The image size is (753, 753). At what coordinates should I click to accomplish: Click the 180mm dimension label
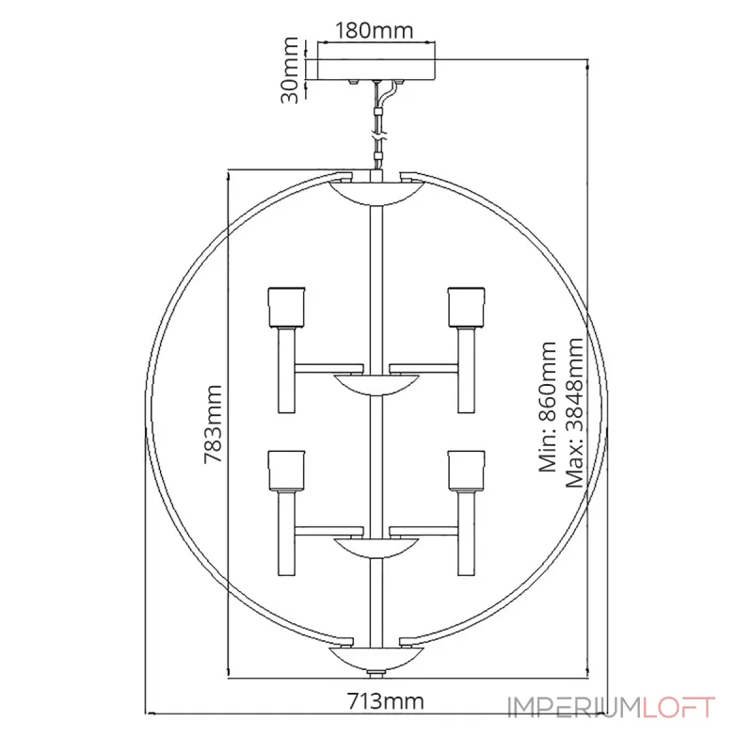click(374, 31)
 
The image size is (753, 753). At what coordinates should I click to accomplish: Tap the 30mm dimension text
click(290, 70)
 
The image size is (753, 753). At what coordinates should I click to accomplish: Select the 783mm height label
click(214, 425)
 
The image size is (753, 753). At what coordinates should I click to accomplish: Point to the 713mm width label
click(386, 701)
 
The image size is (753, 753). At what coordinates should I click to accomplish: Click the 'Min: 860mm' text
click(548, 407)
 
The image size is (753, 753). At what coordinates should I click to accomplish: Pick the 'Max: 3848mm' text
click(574, 412)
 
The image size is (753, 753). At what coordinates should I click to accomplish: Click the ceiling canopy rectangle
click(376, 69)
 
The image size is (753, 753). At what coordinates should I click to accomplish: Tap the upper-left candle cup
click(287, 308)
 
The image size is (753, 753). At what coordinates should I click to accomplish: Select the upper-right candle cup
click(466, 308)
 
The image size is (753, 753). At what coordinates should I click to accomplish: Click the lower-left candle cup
click(287, 471)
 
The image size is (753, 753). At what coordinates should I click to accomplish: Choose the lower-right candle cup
click(466, 471)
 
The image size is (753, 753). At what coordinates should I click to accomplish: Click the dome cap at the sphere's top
click(376, 193)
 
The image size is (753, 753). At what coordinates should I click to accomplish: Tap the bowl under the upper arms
click(376, 385)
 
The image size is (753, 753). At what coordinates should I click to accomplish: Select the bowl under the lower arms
click(376, 549)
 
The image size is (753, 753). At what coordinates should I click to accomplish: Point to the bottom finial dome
click(376, 658)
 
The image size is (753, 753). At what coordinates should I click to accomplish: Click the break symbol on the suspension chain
click(379, 136)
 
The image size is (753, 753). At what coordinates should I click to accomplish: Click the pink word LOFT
click(679, 708)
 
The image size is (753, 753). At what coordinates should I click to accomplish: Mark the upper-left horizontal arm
click(328, 369)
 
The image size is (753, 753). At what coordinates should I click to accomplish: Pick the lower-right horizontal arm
click(424, 532)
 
